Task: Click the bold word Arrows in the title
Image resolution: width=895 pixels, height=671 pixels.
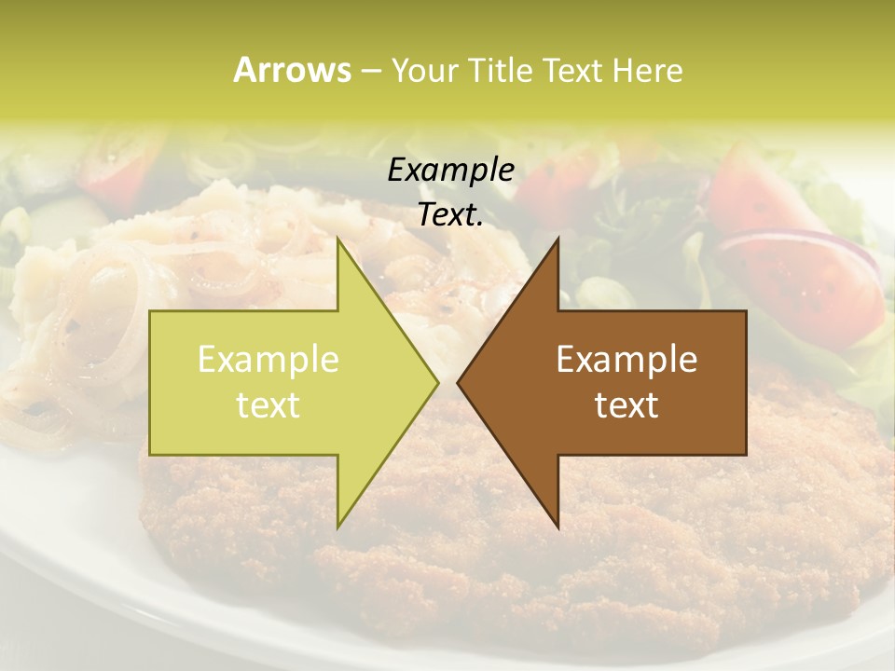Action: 292,70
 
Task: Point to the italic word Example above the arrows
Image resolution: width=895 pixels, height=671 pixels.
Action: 450,170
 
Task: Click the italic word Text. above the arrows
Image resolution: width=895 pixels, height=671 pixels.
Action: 450,214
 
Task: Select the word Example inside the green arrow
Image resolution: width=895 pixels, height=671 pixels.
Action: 268,359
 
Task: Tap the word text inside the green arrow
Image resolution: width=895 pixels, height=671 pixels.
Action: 268,404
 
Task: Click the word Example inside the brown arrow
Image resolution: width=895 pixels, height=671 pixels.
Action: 626,359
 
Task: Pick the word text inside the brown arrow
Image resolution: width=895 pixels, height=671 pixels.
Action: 626,404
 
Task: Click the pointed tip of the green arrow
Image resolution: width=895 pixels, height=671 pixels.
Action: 437,382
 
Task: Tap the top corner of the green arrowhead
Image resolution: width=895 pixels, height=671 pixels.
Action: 338,240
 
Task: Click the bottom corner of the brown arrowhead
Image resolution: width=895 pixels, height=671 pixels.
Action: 558,526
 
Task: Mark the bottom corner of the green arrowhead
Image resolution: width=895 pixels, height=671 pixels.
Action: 338,526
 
